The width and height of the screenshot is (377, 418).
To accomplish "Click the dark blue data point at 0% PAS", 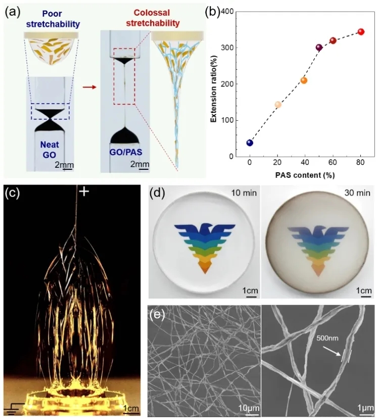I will (250, 143).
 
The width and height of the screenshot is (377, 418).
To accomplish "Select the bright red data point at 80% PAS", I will (361, 31).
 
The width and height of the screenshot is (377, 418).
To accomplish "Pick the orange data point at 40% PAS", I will (304, 80).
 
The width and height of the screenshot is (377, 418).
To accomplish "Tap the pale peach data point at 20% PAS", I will (277, 105).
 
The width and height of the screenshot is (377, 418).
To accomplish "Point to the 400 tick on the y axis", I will (233, 11).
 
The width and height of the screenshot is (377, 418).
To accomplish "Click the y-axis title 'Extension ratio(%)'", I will (214, 83).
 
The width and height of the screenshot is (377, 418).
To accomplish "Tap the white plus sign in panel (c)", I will (84, 192).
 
